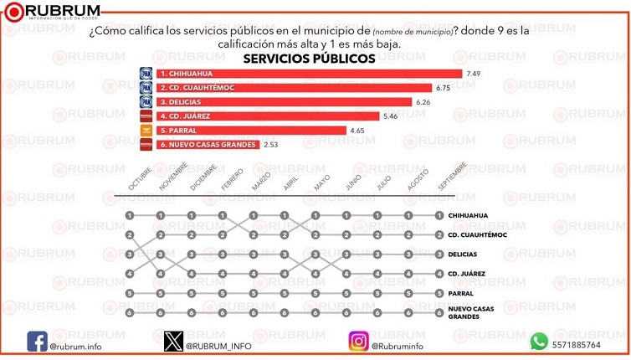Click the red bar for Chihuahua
coord(301,73)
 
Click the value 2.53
coord(270,144)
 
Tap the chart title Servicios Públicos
coord(309,59)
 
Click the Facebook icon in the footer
coord(37,342)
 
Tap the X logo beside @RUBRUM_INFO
coord(173,342)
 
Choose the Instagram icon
coord(358,342)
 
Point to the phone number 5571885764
coord(577,345)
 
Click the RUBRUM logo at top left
coord(55,12)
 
